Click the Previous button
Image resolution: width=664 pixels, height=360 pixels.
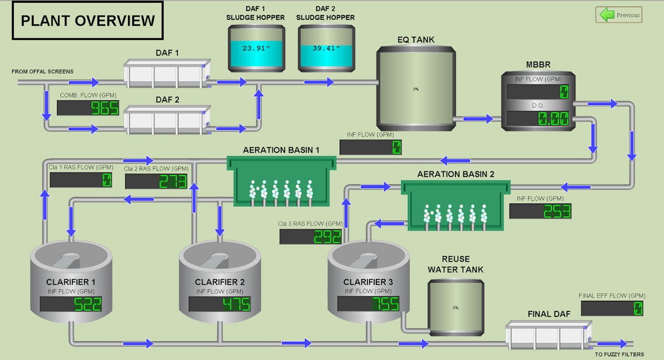pos(618,15)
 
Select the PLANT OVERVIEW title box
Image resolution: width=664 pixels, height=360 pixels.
pos(87,21)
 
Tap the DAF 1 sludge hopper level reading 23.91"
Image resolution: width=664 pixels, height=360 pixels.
pos(255,48)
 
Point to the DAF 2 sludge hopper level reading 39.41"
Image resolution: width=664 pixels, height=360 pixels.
pos(325,48)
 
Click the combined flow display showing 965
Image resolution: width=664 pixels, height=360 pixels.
pos(89,108)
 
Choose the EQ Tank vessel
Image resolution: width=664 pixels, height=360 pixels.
pos(416,88)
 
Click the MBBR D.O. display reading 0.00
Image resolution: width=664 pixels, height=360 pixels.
pos(538,119)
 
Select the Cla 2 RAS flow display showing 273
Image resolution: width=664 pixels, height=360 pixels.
pos(156,181)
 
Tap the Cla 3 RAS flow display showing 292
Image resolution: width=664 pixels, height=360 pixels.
pos(311,237)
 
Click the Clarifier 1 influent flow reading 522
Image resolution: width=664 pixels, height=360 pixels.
pos(71,304)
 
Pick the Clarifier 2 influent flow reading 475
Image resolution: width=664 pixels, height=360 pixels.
pos(220,304)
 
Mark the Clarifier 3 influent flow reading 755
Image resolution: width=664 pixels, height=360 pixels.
pos(369,304)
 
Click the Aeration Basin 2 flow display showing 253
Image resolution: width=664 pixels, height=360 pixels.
pos(540,211)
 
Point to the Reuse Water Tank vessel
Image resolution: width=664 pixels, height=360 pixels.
pos(456,307)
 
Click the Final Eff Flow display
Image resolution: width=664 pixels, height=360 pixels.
pos(612,309)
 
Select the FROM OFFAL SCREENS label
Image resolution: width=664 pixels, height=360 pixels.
pos(43,71)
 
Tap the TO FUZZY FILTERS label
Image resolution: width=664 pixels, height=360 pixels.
pos(619,354)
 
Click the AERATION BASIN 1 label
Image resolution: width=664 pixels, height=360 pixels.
pos(282,150)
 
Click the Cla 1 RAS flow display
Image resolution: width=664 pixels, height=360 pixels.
pos(81,180)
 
